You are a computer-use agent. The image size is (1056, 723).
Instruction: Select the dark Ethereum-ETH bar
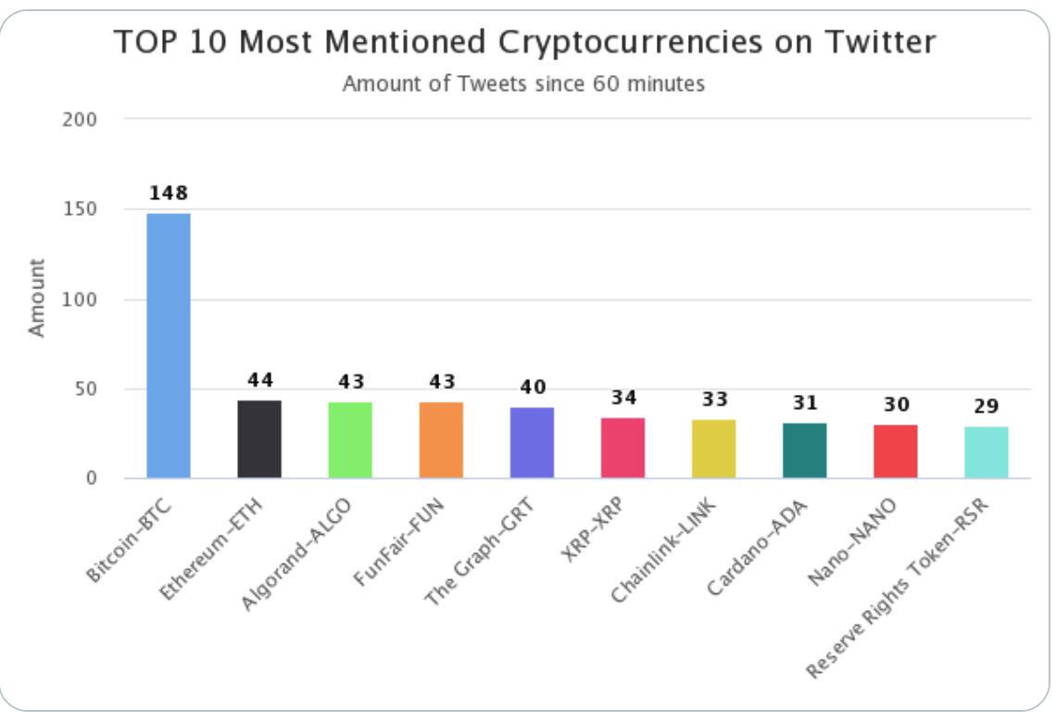(x=259, y=439)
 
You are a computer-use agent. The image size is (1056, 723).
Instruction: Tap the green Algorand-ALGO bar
(x=350, y=440)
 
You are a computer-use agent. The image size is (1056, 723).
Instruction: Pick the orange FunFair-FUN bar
(x=441, y=440)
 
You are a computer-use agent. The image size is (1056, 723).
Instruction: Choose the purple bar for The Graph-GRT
(x=532, y=443)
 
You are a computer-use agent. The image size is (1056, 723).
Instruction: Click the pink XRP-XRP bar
(x=622, y=449)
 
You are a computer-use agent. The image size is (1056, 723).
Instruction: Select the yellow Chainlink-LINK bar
(x=713, y=450)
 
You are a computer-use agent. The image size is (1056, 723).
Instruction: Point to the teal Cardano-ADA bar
(x=804, y=451)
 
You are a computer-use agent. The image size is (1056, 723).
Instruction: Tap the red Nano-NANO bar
(x=895, y=452)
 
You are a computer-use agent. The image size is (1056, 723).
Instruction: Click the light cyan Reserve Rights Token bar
(x=986, y=453)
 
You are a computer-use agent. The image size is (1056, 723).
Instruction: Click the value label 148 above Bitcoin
(x=169, y=194)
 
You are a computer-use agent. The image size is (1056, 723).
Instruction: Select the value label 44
(x=259, y=380)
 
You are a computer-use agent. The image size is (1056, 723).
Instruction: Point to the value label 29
(x=986, y=406)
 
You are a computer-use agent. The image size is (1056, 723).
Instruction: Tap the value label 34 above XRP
(x=622, y=398)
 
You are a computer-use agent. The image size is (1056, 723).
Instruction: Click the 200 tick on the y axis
(x=83, y=120)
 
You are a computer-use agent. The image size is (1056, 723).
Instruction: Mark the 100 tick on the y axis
(x=83, y=299)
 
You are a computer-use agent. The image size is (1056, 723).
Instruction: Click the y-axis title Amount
(x=36, y=298)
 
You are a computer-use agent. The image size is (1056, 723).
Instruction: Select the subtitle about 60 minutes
(x=523, y=83)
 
